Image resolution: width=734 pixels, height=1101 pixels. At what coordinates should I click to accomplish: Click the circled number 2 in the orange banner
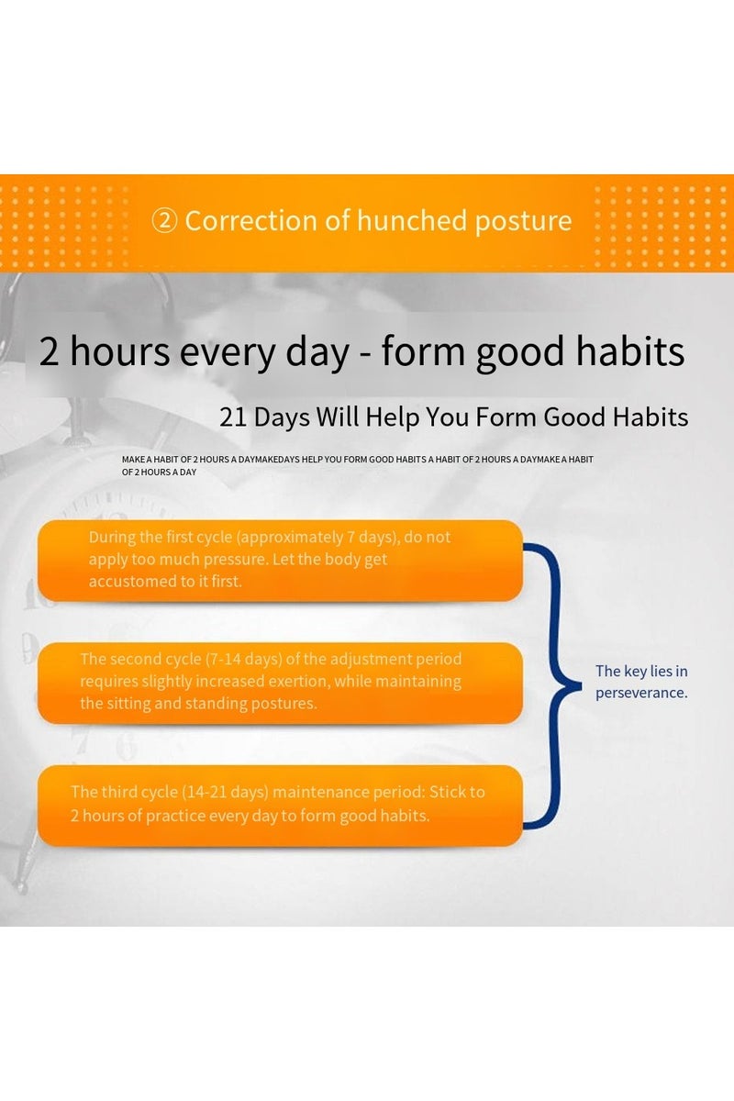tap(165, 221)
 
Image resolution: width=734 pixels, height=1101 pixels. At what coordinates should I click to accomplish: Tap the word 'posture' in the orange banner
tap(523, 222)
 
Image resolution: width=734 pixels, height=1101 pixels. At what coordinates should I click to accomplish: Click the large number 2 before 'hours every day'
tap(50, 351)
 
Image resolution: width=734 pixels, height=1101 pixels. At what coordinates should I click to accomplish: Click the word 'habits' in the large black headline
tap(630, 350)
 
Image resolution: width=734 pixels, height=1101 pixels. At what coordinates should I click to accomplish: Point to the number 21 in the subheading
tap(232, 417)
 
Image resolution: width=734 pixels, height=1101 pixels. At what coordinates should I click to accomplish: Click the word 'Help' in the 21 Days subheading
tap(393, 418)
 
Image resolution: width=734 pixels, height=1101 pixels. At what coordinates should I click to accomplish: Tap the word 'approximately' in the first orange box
tap(290, 538)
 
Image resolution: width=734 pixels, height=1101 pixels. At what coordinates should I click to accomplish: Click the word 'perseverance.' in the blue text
tap(641, 693)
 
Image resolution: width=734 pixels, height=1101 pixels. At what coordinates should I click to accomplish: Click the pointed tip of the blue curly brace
tap(580, 685)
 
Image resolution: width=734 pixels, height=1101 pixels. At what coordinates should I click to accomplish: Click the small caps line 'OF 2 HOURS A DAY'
tap(160, 473)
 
